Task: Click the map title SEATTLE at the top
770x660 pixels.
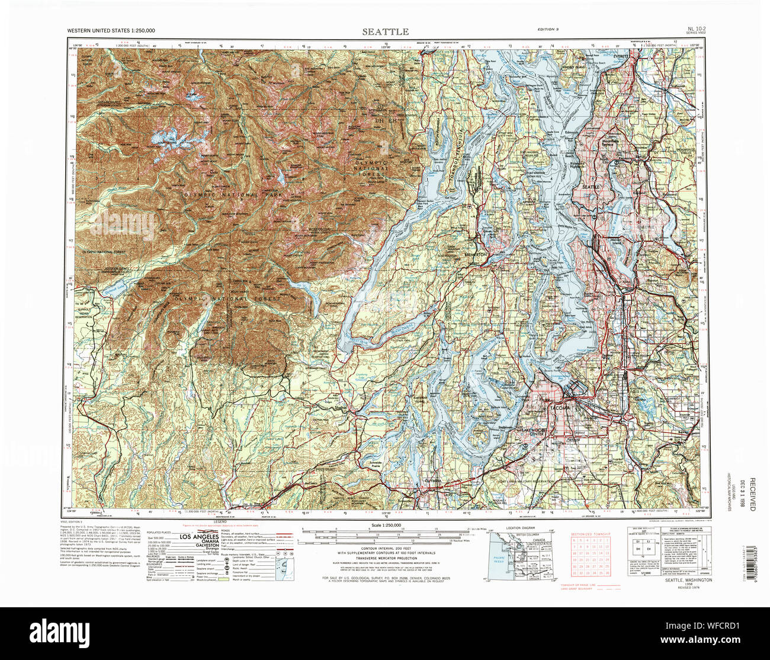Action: click(x=386, y=31)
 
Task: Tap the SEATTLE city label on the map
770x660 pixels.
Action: click(x=592, y=187)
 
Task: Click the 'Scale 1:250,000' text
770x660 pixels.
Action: click(x=386, y=526)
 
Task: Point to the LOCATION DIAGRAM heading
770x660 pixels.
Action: click(x=521, y=527)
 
